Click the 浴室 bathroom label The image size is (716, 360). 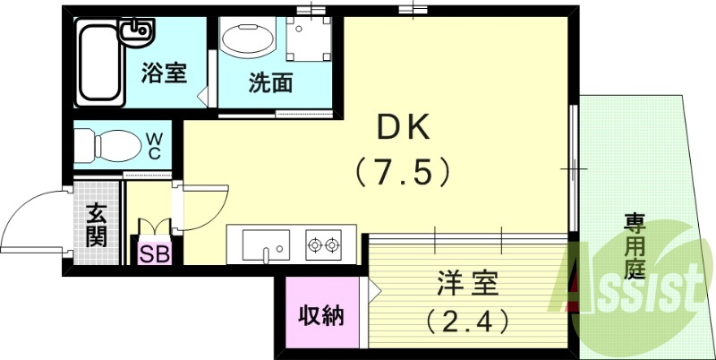coord(164,73)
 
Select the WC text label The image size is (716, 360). coord(154,145)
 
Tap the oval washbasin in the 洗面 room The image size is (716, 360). coord(247,40)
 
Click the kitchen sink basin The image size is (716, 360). coord(265,243)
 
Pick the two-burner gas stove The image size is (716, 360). coord(324,243)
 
